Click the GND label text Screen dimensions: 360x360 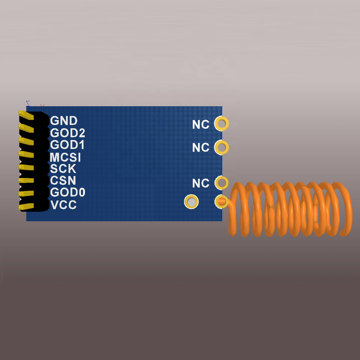tap(64, 121)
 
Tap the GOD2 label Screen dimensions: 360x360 tap(67, 133)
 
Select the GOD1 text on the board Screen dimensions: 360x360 tap(67, 145)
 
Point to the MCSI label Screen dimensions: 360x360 tap(66, 157)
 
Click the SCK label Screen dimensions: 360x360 tap(63, 169)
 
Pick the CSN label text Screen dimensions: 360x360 tap(63, 181)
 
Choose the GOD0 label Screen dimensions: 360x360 tap(67, 193)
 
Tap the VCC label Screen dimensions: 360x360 tap(63, 205)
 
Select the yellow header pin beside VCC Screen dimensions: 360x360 tap(26, 206)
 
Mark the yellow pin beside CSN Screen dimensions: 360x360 tap(26, 180)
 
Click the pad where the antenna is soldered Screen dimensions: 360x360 tap(221, 202)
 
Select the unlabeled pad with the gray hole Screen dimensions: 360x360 tap(191, 202)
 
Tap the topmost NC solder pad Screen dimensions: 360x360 tap(221, 123)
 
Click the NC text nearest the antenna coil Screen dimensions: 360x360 tap(201, 183)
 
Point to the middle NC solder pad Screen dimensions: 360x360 tap(221, 147)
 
